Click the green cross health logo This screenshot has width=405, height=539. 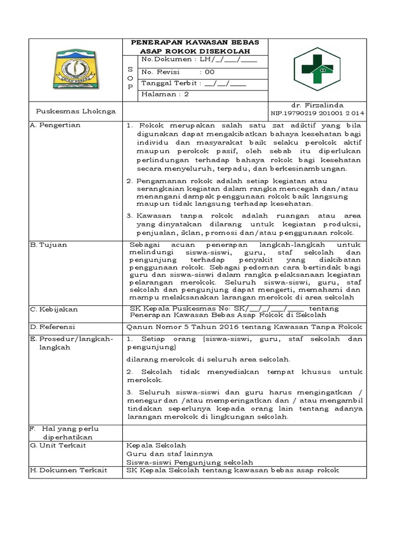click(317, 68)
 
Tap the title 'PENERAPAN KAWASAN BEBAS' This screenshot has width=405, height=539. click(199, 42)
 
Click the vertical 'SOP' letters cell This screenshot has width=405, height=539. click(130, 78)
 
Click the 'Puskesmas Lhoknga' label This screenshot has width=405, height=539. click(70, 112)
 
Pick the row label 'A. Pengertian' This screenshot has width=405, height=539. click(55, 125)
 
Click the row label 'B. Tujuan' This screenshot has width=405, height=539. click(49, 245)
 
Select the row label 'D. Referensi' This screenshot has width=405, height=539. click(53, 327)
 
